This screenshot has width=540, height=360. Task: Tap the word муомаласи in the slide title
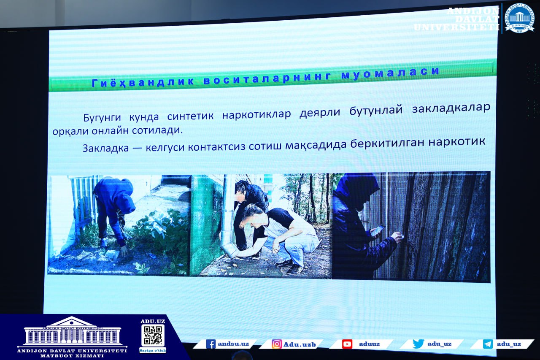coord(390,72)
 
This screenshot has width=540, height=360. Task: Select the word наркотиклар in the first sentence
coord(256,114)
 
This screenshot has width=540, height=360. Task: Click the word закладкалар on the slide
coord(451,108)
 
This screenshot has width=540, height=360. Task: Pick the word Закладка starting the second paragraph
coord(106,148)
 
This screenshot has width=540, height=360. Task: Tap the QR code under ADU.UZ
coord(153,335)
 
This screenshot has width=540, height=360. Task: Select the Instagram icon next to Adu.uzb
coord(276,344)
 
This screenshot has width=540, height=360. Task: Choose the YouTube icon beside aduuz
coord(347,344)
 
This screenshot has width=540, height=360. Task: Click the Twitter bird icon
coord(418,344)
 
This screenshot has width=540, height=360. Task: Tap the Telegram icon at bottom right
coord(488,344)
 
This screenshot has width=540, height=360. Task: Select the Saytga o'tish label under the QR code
coord(153,350)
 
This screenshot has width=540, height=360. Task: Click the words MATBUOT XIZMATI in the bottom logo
coord(72,356)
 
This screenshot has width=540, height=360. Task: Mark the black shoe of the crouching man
coord(294,269)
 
